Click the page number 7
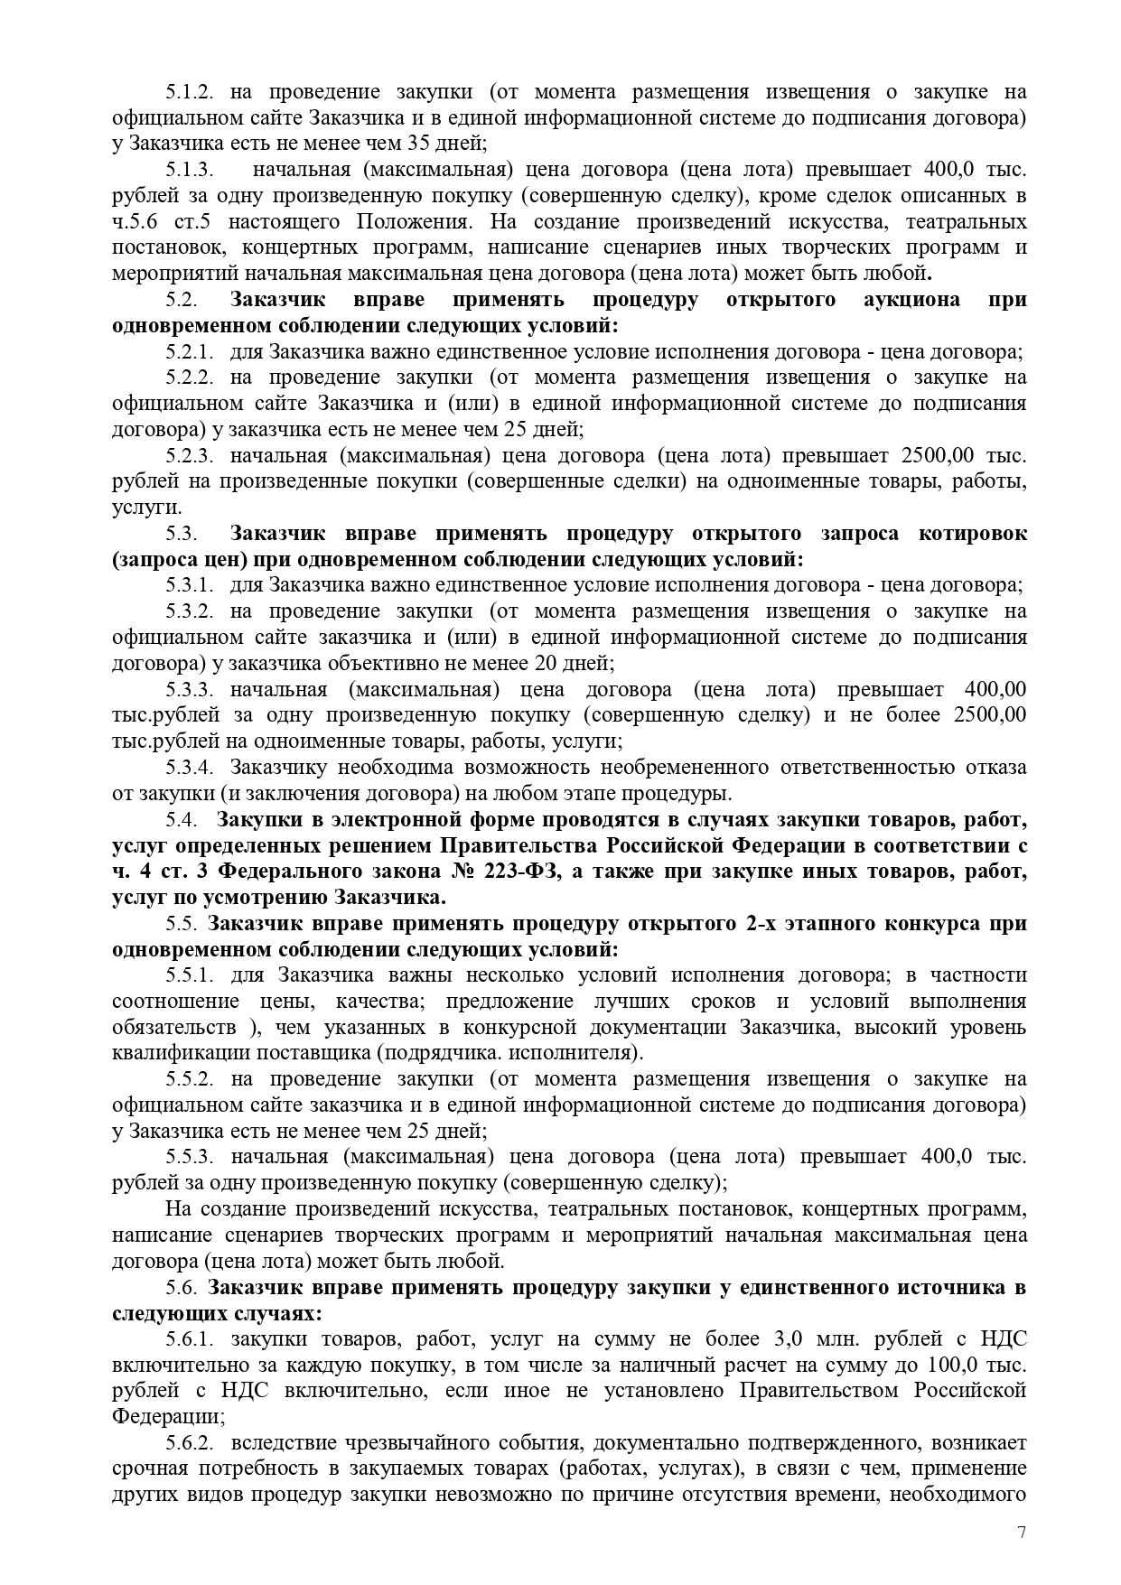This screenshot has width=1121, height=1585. [1022, 1532]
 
